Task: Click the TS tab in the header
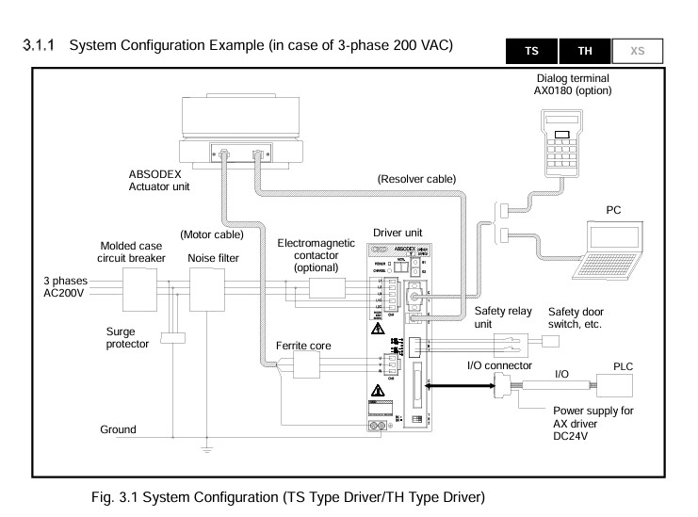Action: [x=531, y=50]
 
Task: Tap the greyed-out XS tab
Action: [x=637, y=50]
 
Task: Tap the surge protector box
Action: [x=173, y=338]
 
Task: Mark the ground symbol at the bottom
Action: [x=209, y=449]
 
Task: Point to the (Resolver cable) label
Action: [x=415, y=178]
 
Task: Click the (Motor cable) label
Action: [x=211, y=234]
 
